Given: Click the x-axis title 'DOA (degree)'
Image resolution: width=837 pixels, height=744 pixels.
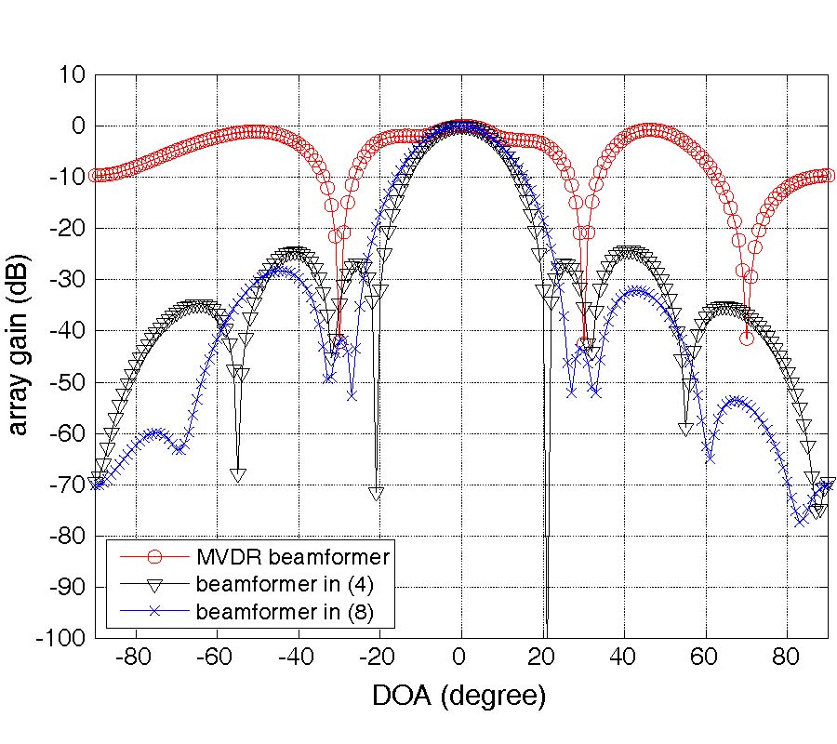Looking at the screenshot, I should tap(458, 695).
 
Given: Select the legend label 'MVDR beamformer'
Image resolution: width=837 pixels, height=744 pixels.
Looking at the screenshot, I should tap(292, 557).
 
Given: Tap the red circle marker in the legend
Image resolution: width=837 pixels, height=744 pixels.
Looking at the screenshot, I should tap(155, 557).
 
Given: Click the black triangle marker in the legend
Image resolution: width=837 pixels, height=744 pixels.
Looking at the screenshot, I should tap(155, 586).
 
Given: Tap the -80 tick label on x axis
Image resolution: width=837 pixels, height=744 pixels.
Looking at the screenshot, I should tap(134, 657).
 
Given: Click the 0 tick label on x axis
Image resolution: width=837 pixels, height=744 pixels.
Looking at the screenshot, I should tap(459, 657).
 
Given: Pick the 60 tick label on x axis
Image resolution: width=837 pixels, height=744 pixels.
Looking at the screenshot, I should tap(704, 657).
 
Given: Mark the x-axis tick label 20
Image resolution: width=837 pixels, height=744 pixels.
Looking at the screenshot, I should tap(541, 657).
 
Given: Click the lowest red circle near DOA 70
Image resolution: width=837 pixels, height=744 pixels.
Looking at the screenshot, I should tap(746, 338).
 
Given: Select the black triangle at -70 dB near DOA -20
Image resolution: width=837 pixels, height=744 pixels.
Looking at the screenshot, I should tap(376, 494).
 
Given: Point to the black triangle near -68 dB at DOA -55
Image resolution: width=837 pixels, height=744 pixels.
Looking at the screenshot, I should tap(238, 475).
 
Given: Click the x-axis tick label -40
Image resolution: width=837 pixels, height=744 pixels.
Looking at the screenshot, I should tap(296, 657).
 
